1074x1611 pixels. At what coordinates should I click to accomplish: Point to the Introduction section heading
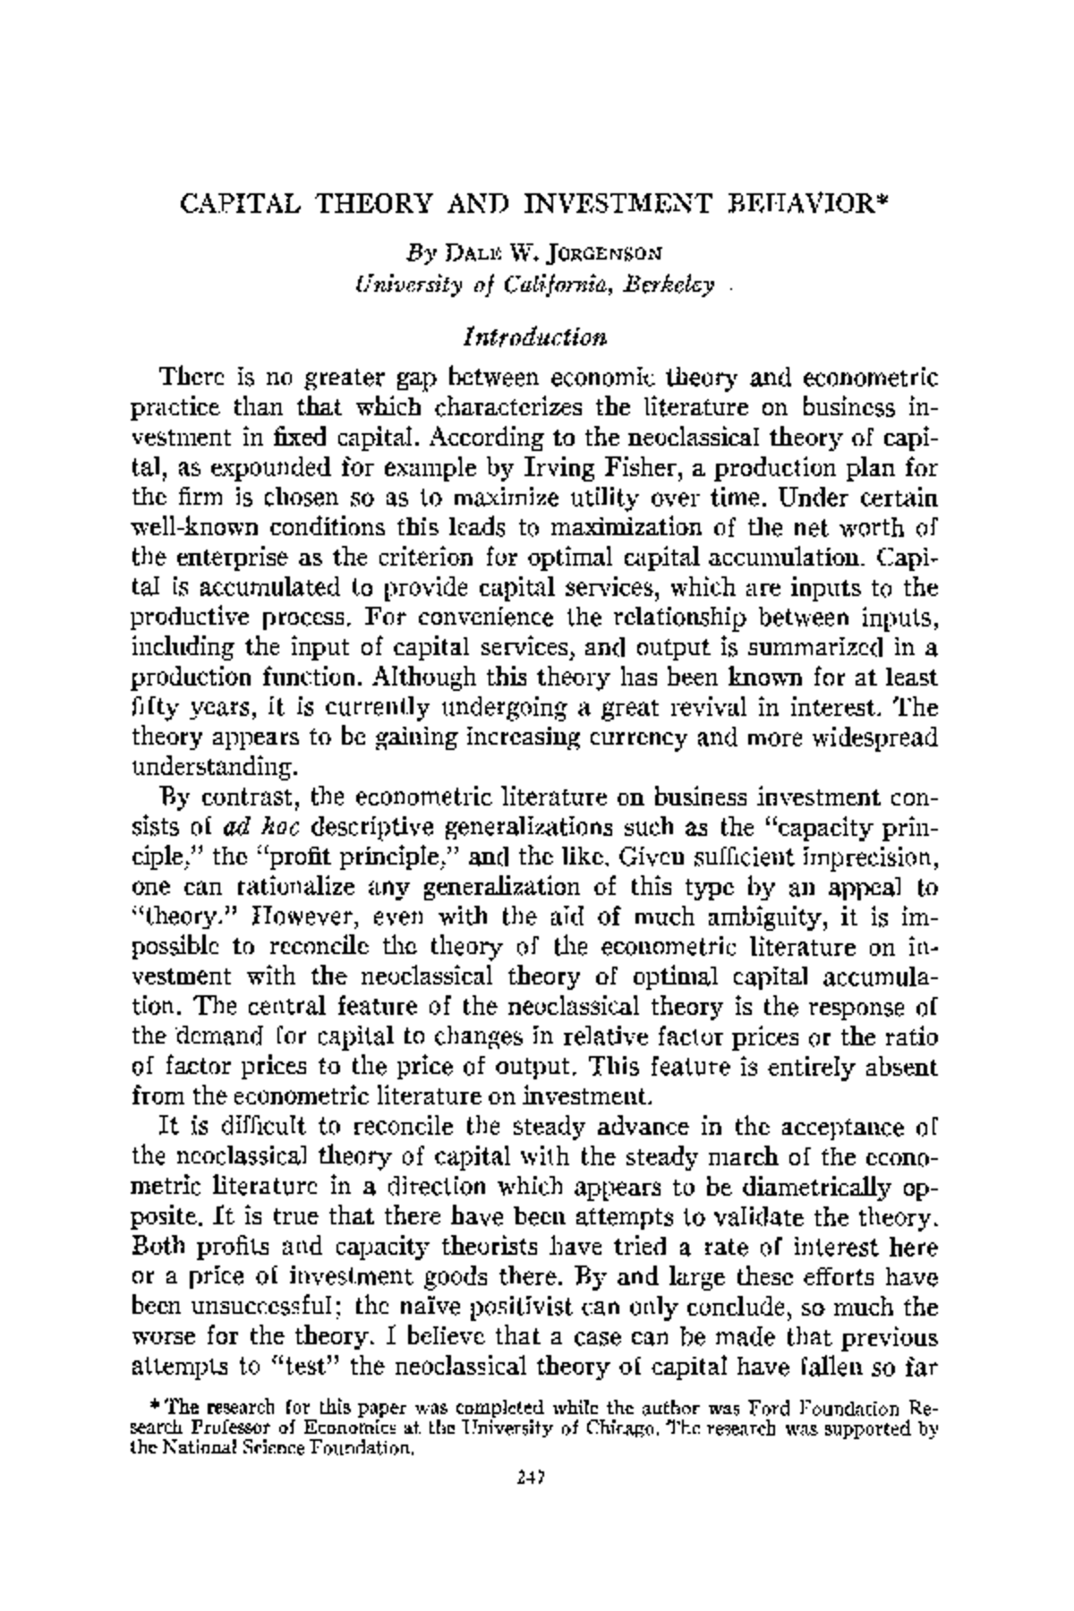coord(536,337)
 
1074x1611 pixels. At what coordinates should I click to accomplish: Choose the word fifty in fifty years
coord(155,707)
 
